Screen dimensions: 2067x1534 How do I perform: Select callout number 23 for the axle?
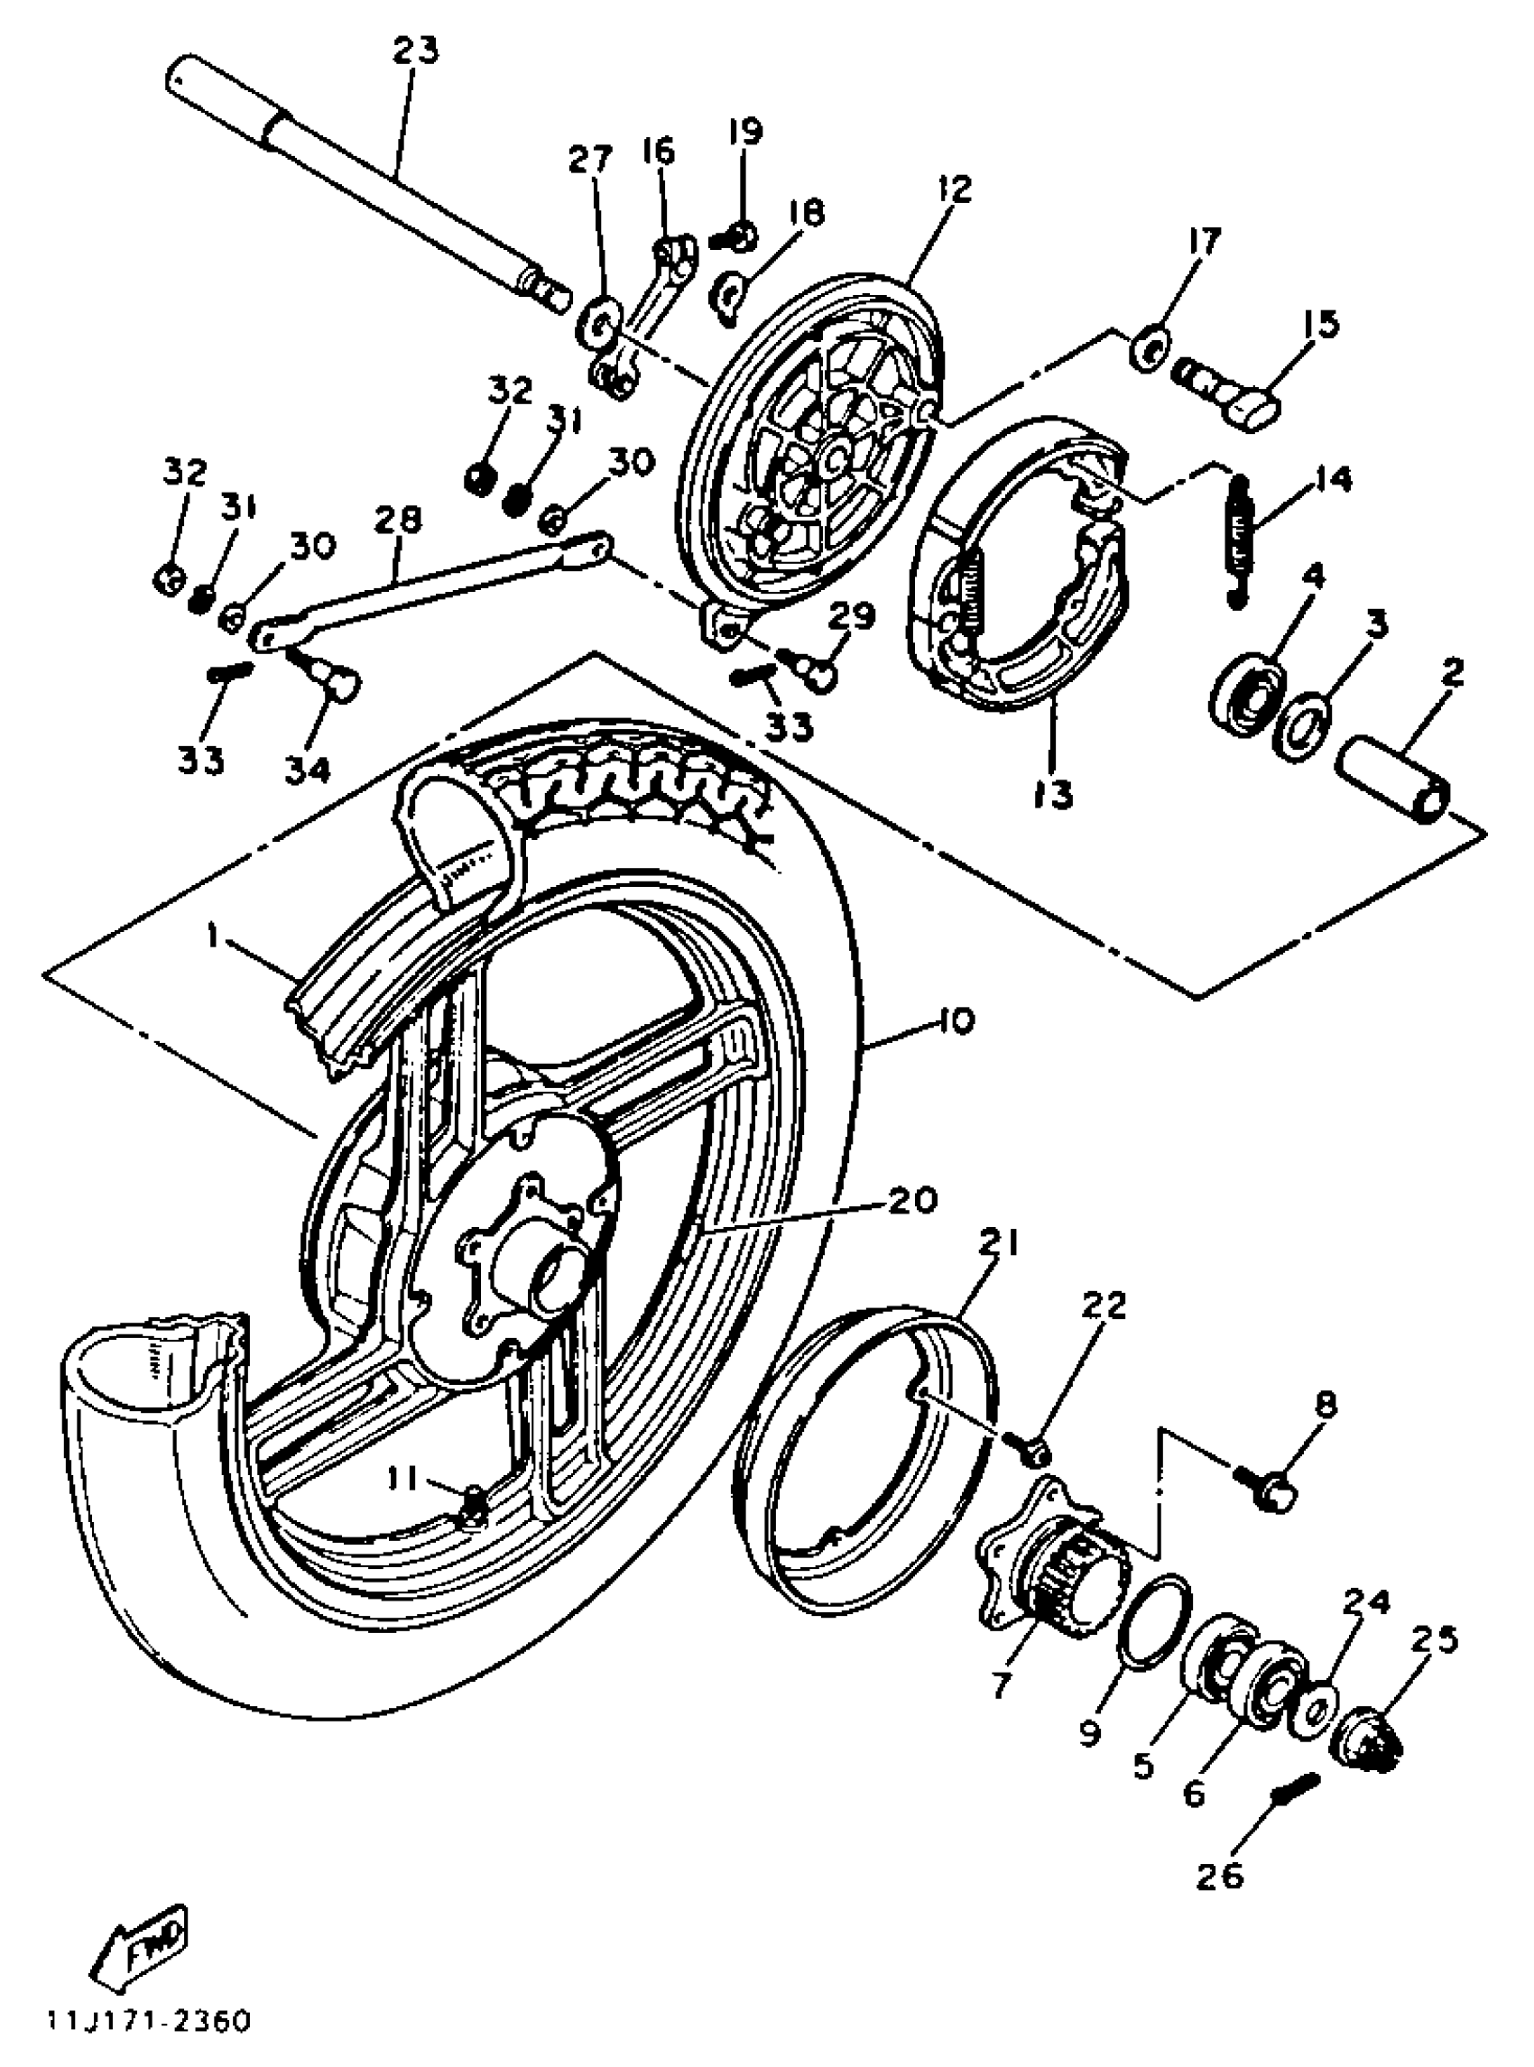point(414,52)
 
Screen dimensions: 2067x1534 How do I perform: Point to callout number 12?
point(954,189)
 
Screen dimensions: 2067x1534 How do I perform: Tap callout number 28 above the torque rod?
point(397,520)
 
